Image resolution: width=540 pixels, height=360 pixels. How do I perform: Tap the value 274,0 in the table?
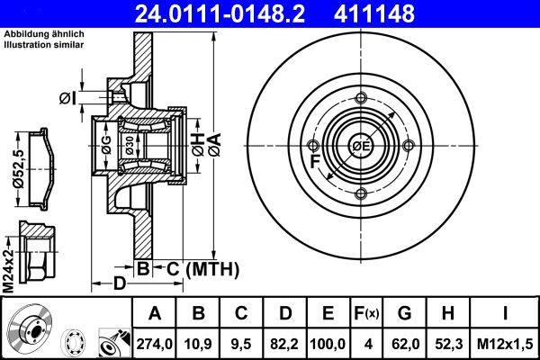coord(155,343)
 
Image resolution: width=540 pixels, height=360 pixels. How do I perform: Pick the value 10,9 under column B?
coord(199,343)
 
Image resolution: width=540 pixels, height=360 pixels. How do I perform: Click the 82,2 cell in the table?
coord(285,343)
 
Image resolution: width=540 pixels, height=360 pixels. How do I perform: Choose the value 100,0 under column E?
coord(328,343)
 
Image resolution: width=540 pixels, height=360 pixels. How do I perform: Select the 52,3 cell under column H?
coord(448,343)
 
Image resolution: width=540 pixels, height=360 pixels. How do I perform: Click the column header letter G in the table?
coord(405,314)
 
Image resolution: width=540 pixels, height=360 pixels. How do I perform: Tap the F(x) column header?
coord(366,314)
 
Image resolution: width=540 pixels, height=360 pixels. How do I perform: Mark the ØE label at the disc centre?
coord(361,147)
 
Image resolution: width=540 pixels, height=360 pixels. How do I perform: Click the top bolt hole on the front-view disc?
coord(361,100)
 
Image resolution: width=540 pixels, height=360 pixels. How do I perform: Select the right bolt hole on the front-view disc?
coord(408,147)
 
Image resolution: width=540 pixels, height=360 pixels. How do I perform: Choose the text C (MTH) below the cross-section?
coord(199,268)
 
